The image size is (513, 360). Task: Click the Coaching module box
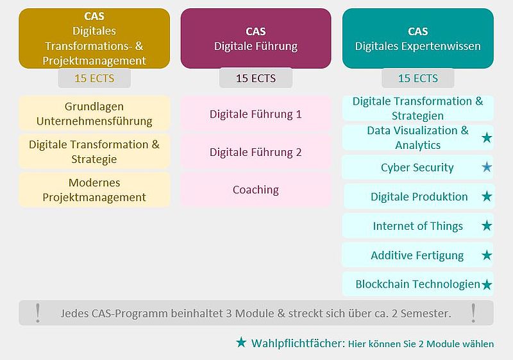pyautogui.click(x=255, y=190)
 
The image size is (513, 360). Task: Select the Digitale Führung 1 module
pyautogui.click(x=255, y=114)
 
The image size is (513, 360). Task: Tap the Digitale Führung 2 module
pyautogui.click(x=255, y=152)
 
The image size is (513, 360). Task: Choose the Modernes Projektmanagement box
pyautogui.click(x=94, y=190)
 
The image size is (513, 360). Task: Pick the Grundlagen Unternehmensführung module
pyautogui.click(x=94, y=114)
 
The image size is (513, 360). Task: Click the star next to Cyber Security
pyautogui.click(x=487, y=167)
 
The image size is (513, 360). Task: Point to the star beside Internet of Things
pyautogui.click(x=487, y=225)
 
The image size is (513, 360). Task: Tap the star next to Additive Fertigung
pyautogui.click(x=487, y=255)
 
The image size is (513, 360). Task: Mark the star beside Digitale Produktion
pyautogui.click(x=487, y=196)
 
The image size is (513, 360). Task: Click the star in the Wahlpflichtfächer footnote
pyautogui.click(x=241, y=342)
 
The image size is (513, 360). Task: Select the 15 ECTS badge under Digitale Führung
pyautogui.click(x=256, y=78)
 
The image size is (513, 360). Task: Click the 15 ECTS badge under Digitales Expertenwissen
pyautogui.click(x=418, y=78)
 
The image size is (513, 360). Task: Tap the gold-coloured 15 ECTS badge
pyautogui.click(x=94, y=78)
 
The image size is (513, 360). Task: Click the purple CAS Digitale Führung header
pyautogui.click(x=256, y=39)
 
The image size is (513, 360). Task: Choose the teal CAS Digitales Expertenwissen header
pyautogui.click(x=418, y=39)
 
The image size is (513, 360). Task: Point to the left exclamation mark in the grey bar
pyautogui.click(x=38, y=313)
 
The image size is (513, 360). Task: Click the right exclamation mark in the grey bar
pyautogui.click(x=473, y=313)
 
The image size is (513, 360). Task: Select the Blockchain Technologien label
pyautogui.click(x=418, y=284)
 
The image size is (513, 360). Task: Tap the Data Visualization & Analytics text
pyautogui.click(x=418, y=138)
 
